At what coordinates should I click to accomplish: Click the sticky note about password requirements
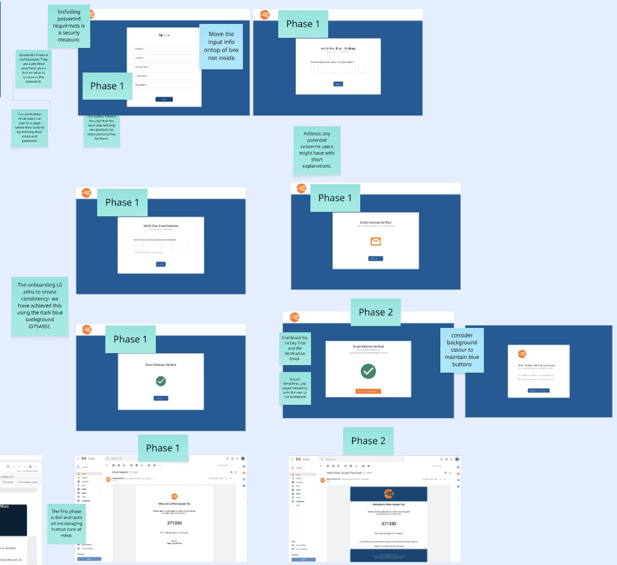[69, 26]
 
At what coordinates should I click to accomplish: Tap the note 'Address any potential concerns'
[317, 151]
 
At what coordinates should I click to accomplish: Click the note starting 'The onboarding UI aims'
[40, 308]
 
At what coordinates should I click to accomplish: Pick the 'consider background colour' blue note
[462, 350]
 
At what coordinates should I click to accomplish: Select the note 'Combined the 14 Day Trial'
[295, 349]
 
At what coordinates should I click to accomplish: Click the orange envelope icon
[376, 242]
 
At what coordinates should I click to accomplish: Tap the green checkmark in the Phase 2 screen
[368, 371]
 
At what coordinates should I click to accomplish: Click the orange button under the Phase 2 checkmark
[368, 392]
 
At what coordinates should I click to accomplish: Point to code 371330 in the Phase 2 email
[389, 523]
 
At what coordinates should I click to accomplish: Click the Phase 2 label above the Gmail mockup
[368, 441]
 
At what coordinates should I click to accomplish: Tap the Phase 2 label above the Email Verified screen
[376, 312]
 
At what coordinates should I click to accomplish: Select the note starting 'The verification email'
[29, 127]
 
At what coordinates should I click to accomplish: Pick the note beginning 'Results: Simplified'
[295, 388]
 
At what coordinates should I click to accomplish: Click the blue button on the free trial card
[538, 391]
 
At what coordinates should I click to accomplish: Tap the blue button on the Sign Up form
[163, 99]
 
